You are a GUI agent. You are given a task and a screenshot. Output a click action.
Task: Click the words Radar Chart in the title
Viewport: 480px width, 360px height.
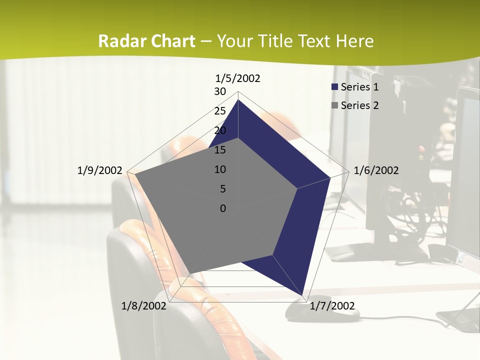(x=146, y=41)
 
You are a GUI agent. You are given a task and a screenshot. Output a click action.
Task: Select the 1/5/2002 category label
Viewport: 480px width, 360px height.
(x=237, y=78)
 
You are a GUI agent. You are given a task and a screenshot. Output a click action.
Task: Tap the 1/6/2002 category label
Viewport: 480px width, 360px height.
(x=376, y=170)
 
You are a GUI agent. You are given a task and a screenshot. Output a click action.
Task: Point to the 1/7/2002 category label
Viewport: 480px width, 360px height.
(x=332, y=306)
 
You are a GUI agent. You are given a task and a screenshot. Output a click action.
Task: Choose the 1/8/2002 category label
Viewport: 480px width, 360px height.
(x=144, y=306)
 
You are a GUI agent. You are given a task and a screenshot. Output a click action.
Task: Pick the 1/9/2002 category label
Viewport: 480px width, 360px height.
(x=100, y=170)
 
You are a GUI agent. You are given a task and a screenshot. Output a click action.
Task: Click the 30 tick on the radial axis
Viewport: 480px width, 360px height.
(x=220, y=91)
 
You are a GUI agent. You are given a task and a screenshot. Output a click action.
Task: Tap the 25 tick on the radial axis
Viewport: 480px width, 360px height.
(x=220, y=111)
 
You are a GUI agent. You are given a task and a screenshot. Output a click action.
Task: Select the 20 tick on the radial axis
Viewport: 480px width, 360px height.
(x=220, y=130)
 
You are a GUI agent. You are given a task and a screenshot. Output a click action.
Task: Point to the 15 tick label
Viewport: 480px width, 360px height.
(x=220, y=150)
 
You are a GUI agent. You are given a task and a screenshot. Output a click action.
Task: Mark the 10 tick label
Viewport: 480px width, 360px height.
(x=220, y=169)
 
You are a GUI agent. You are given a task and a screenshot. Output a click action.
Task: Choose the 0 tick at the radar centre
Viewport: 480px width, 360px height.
(x=223, y=208)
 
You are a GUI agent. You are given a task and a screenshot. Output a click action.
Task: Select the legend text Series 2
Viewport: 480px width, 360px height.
(x=359, y=105)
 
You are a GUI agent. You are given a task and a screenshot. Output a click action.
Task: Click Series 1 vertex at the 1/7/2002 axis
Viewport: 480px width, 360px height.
(x=302, y=295)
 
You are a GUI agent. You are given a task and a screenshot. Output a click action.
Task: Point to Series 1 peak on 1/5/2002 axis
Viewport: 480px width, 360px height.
(x=238, y=100)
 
